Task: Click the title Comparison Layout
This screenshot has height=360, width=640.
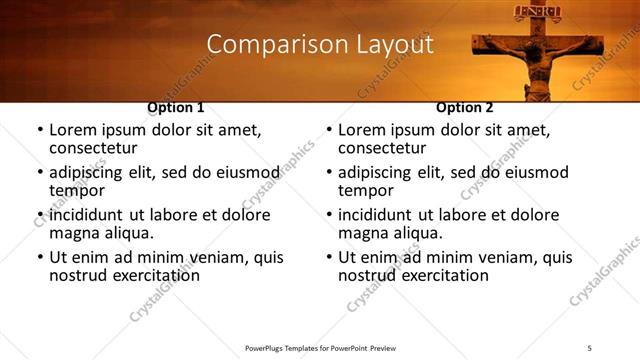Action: [x=319, y=45]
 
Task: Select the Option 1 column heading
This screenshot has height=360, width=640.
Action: [x=176, y=107]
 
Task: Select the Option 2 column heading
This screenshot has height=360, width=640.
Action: [x=465, y=107]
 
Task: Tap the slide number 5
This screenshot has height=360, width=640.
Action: [x=590, y=347]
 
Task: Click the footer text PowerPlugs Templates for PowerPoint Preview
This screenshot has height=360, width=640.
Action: [x=319, y=347]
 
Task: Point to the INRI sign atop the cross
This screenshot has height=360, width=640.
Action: [x=530, y=13]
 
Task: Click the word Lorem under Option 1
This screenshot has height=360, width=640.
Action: [x=74, y=130]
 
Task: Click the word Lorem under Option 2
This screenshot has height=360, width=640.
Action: [x=363, y=130]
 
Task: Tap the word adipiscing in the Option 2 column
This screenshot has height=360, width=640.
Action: [x=379, y=172]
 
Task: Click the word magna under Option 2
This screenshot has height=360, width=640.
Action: [x=363, y=233]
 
